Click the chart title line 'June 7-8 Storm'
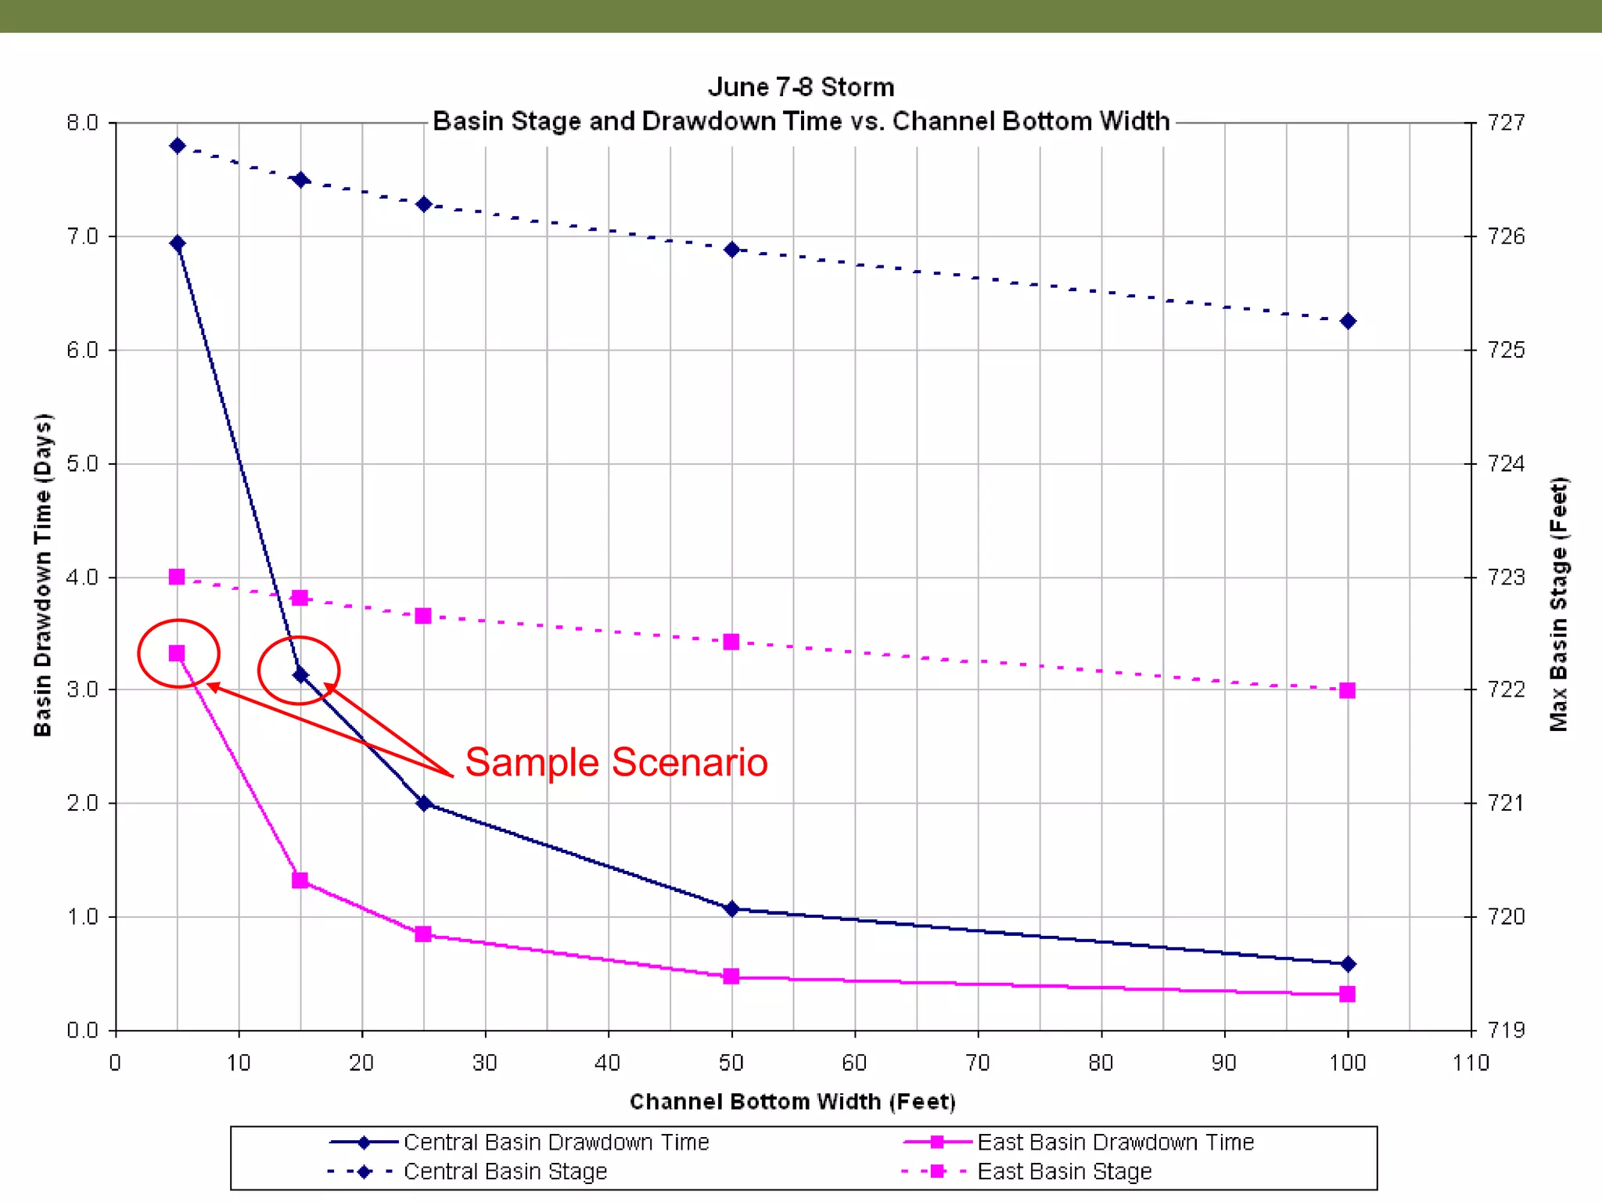click(x=800, y=87)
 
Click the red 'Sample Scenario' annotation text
click(x=616, y=762)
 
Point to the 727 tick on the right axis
click(x=1506, y=123)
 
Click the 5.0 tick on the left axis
click(x=82, y=463)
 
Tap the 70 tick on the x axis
click(x=978, y=1063)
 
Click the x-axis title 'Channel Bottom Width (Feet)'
click(x=792, y=1102)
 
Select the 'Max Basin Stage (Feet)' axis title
click(x=1559, y=604)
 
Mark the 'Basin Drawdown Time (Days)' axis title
click(x=42, y=575)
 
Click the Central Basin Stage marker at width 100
click(x=1348, y=322)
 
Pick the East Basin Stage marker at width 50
click(x=731, y=642)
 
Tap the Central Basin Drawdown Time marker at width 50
click(x=731, y=909)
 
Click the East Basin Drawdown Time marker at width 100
click(x=1347, y=994)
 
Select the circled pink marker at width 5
click(x=177, y=653)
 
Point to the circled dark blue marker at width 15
click(x=300, y=675)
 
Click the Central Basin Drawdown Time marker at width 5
click(x=178, y=243)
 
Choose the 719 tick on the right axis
click(x=1506, y=1030)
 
